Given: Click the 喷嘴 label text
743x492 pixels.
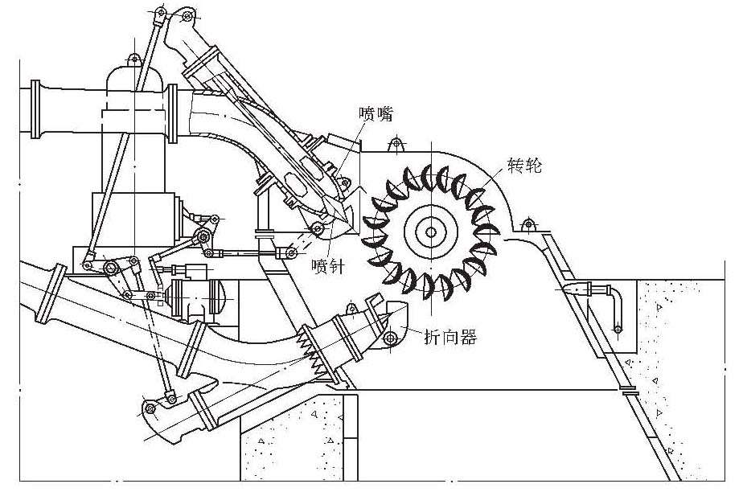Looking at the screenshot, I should point(376,114).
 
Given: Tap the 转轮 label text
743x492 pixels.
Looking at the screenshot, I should point(524,166).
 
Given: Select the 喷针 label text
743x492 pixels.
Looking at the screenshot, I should point(329,266).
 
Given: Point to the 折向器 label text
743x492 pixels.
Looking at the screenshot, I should point(450,338).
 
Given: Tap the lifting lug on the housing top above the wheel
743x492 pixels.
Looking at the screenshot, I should point(394,145).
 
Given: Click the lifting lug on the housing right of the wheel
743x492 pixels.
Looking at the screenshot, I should point(529,223).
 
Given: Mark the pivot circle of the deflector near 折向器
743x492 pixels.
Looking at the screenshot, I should point(391,338).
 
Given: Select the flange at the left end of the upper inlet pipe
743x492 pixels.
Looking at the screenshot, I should point(35,108).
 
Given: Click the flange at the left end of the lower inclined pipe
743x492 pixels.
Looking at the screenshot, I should point(56,293).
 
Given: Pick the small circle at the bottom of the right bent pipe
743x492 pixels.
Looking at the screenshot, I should point(618,327).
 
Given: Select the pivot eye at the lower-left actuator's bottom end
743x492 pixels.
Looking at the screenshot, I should point(149,408).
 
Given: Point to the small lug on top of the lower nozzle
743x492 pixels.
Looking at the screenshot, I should point(351,305).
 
